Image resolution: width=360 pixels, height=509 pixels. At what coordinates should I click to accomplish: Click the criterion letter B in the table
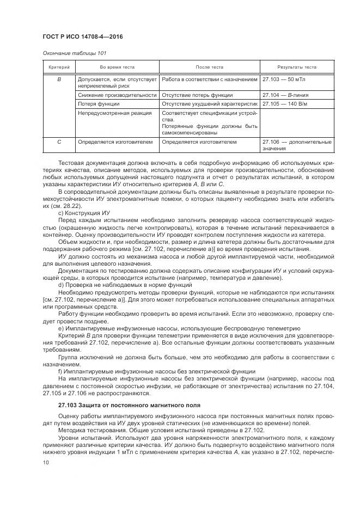point(59,79)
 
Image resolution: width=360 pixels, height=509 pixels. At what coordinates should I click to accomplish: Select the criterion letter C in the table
point(59,142)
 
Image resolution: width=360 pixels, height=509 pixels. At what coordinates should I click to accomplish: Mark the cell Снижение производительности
point(117,95)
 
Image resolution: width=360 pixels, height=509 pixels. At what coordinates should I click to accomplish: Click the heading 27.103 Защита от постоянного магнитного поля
point(123,405)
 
